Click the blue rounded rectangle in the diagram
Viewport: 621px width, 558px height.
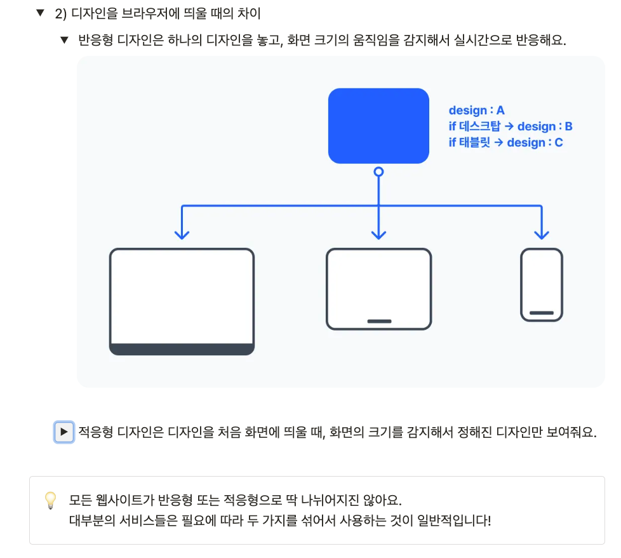[x=378, y=126]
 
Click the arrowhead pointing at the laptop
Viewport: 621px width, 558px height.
[x=182, y=234]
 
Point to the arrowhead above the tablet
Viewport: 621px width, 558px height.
[x=378, y=234]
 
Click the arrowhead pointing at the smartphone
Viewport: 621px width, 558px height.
[x=542, y=234]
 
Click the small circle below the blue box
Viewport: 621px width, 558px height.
[x=378, y=172]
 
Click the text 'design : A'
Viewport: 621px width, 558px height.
[x=477, y=111]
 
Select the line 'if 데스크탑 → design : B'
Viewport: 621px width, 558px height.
[x=511, y=126]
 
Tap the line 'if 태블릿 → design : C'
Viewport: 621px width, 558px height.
[x=505, y=142]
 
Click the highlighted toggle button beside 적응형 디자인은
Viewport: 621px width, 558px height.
[x=63, y=432]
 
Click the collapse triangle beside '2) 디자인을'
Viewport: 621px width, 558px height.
[x=41, y=13]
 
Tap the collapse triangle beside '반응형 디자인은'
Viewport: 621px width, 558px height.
[x=63, y=41]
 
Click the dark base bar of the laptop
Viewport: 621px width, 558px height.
[x=182, y=349]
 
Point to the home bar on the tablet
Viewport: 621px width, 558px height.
[x=379, y=321]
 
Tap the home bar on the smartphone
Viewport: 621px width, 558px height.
[x=542, y=313]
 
